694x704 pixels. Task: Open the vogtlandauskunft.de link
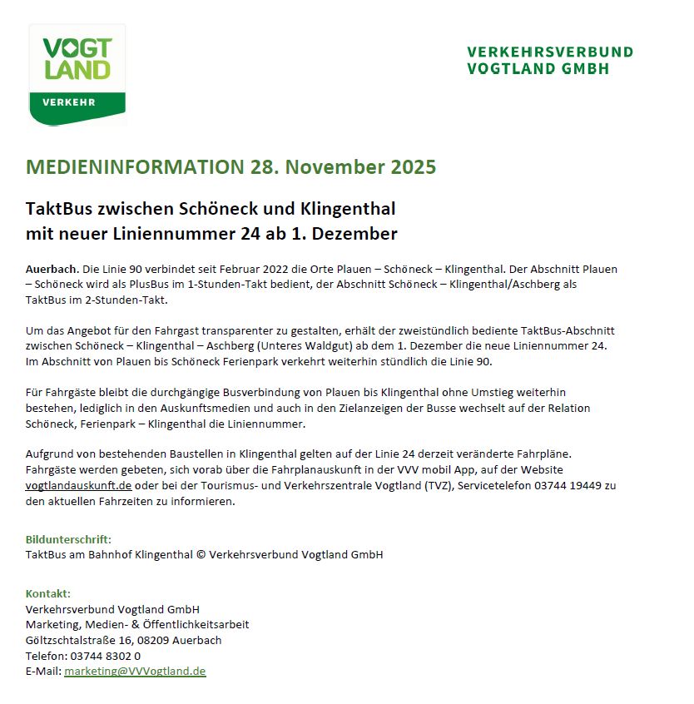pos(79,485)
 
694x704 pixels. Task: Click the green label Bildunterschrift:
pos(68,539)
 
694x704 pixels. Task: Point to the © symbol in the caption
pos(200,554)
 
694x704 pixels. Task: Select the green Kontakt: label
pos(48,593)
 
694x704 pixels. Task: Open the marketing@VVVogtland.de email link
pos(135,671)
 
